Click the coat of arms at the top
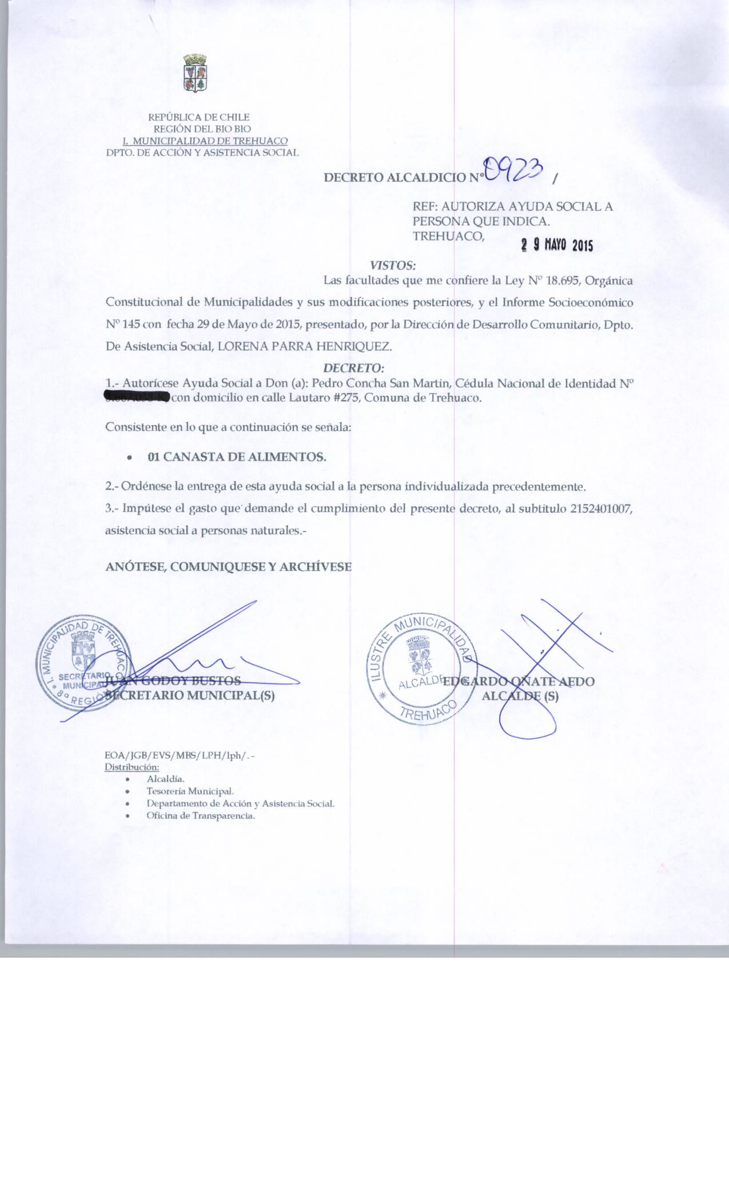coord(195,73)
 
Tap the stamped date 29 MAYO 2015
coord(557,245)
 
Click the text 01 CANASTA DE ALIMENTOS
coord(237,457)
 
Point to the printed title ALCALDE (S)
coord(520,696)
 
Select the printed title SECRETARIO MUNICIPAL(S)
coord(190,696)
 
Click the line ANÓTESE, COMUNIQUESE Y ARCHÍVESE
coord(228,567)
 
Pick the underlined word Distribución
coord(132,767)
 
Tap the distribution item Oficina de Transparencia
coord(201,815)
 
